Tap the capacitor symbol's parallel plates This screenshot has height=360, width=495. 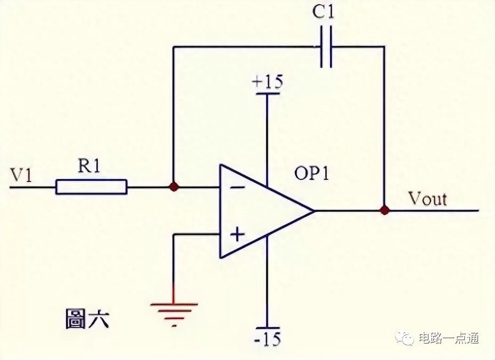coord(326,47)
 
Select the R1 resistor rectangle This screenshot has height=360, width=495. coord(92,186)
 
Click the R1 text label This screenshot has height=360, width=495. coord(89,166)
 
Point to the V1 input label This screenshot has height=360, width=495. coord(21,175)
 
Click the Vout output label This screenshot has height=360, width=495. coord(428,199)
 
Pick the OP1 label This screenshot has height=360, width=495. coord(311,173)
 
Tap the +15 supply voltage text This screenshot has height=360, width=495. coord(268,82)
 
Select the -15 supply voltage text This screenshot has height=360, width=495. coord(267,339)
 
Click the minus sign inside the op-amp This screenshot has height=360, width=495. coord(237,188)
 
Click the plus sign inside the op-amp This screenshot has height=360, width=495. coord(237,235)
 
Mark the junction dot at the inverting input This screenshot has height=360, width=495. coord(174,187)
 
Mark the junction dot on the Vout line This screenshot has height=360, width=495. coord(384,210)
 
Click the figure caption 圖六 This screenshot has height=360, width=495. coord(87,319)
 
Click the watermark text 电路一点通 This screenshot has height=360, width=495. coord(449,338)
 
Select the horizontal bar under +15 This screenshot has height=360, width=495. coord(267,94)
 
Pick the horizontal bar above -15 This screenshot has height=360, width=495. coord(267,328)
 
